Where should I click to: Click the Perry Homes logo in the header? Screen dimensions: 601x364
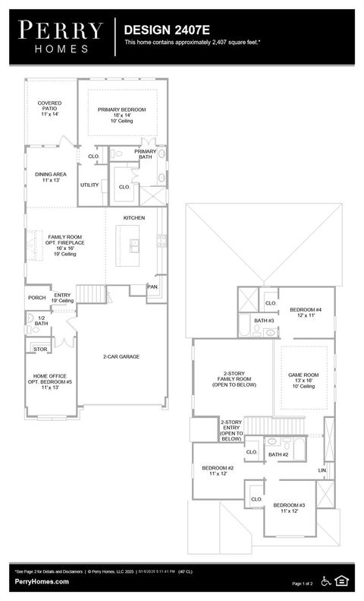pyautogui.click(x=60, y=36)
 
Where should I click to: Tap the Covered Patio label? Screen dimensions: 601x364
pyautogui.click(x=49, y=107)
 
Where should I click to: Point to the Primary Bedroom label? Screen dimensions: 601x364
pyautogui.click(x=121, y=114)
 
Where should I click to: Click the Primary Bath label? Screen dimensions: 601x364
pyautogui.click(x=145, y=154)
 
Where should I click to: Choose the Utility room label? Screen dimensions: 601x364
pyautogui.click(x=89, y=185)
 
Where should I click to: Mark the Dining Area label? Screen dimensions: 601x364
pyautogui.click(x=50, y=177)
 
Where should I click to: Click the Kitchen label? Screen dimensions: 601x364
pyautogui.click(x=134, y=218)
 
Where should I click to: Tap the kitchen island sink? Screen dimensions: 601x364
pyautogui.click(x=134, y=245)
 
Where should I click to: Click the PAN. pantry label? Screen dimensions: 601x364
pyautogui.click(x=152, y=286)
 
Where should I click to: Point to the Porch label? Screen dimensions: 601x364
pyautogui.click(x=36, y=298)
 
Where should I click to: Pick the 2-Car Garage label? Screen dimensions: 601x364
pyautogui.click(x=121, y=356)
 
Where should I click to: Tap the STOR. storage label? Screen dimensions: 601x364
pyautogui.click(x=40, y=350)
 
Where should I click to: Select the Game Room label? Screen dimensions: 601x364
pyautogui.click(x=303, y=380)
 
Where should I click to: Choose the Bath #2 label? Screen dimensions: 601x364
pyautogui.click(x=278, y=454)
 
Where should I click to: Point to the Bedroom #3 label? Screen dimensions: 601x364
pyautogui.click(x=289, y=508)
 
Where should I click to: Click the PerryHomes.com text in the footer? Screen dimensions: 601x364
pyautogui.click(x=42, y=581)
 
